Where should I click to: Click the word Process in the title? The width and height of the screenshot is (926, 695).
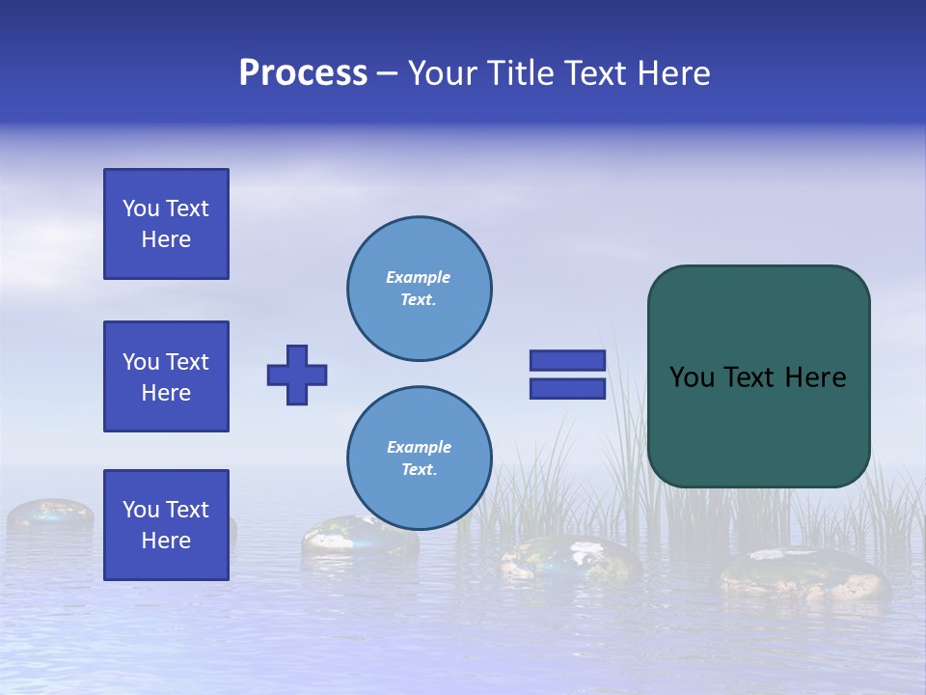(303, 73)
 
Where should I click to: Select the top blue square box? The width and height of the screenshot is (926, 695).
(166, 224)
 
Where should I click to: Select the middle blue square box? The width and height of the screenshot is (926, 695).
(166, 376)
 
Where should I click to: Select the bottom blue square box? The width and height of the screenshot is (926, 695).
(166, 525)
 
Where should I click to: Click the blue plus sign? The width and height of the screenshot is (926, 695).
(297, 375)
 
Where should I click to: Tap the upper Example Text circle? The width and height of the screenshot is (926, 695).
(420, 289)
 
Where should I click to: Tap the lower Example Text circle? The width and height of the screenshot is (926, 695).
(420, 459)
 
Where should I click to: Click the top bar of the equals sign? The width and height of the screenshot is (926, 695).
(567, 360)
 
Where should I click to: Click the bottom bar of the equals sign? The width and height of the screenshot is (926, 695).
(567, 388)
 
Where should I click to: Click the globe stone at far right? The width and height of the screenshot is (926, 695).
(801, 574)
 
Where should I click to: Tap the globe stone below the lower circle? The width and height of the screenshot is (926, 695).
(569, 560)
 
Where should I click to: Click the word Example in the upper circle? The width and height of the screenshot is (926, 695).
(419, 277)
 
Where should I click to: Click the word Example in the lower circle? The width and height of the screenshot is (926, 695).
(419, 447)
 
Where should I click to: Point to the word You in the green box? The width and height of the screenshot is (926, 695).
(692, 377)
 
